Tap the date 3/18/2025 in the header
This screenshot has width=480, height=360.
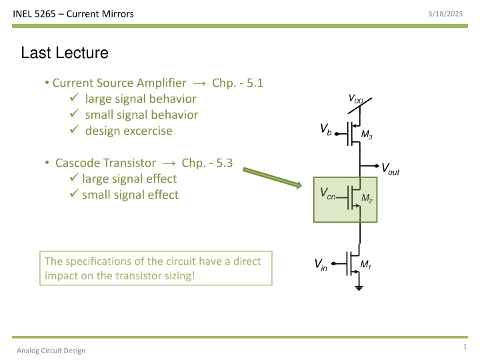coord(449,13)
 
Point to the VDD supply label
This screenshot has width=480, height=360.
coord(357,99)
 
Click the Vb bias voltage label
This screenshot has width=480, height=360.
coord(325,128)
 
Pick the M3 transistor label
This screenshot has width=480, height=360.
coord(366,137)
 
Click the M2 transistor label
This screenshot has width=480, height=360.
coord(366,199)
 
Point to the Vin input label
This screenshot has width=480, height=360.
coord(321,265)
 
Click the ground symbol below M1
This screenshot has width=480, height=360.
coord(360,287)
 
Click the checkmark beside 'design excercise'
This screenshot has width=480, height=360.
coord(73,131)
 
